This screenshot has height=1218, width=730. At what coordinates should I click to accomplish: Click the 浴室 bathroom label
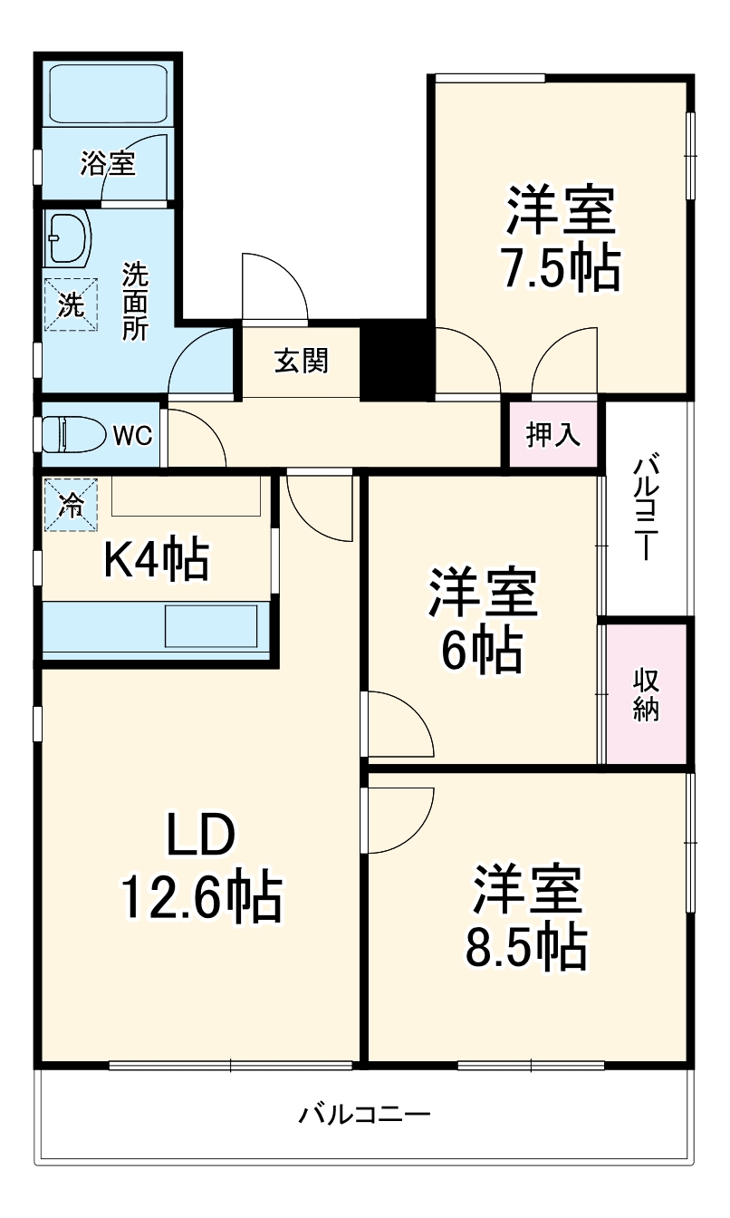coord(108,164)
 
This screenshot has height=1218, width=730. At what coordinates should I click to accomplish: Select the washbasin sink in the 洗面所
coord(68,238)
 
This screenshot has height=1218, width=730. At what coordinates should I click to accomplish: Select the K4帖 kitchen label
coord(156,560)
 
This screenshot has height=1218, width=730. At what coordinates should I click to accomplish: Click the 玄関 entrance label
coord(302,361)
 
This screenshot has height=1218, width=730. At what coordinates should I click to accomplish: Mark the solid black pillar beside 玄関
coord(395,360)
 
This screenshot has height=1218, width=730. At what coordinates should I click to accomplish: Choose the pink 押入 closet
coord(553,435)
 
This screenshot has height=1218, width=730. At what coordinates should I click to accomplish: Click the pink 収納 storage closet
coord(646,694)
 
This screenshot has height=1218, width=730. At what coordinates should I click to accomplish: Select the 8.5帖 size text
coord(525,947)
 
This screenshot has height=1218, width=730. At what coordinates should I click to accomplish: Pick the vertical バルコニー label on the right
coord(645,509)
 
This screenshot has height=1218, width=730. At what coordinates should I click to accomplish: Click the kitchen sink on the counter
coord(210,626)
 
